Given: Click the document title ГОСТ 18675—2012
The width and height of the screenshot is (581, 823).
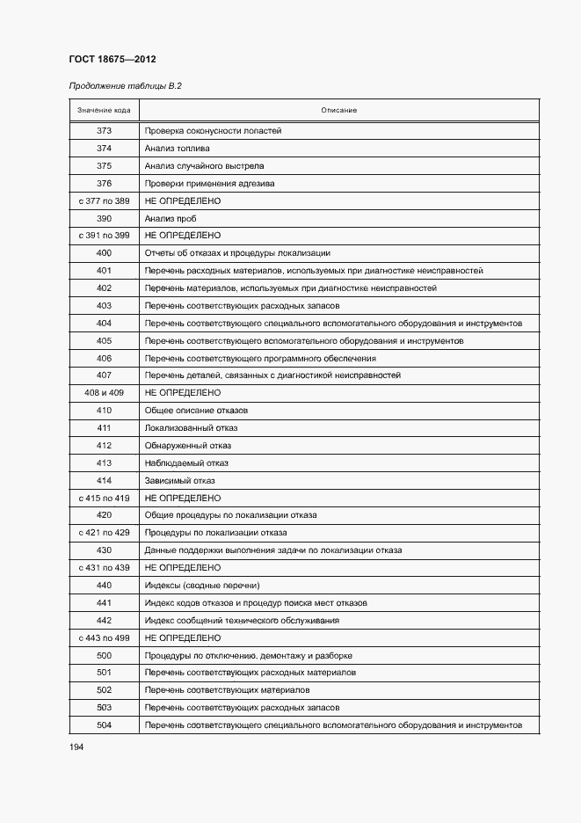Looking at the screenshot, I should (112, 60).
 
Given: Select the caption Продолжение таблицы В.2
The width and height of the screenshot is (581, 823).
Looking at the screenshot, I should (124, 86).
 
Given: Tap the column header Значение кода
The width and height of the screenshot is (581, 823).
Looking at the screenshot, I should (104, 110).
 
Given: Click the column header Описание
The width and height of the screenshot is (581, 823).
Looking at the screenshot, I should (338, 110).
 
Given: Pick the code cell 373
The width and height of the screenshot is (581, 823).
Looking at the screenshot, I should (104, 131).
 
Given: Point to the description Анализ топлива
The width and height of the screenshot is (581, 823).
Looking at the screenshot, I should (177, 149).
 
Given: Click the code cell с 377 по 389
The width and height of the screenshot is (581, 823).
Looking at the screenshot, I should (104, 200).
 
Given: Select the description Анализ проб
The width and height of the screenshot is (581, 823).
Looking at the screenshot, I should (171, 218).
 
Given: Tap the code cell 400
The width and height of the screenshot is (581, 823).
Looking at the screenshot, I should (104, 253).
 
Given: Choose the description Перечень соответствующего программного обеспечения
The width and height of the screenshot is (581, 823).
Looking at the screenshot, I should (260, 358).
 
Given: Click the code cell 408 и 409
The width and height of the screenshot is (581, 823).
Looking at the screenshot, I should (104, 393).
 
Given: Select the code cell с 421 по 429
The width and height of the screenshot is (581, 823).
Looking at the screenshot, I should (104, 533).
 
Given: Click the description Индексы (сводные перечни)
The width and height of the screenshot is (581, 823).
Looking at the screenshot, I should (202, 586).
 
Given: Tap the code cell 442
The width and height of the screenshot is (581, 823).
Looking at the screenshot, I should (104, 620).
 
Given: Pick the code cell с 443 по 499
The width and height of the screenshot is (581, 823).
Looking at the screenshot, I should (104, 637).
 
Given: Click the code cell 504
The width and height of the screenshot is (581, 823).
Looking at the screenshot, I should (104, 725).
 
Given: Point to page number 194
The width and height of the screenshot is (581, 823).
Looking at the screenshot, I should (76, 747).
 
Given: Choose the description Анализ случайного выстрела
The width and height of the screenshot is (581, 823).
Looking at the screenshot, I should (204, 166).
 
